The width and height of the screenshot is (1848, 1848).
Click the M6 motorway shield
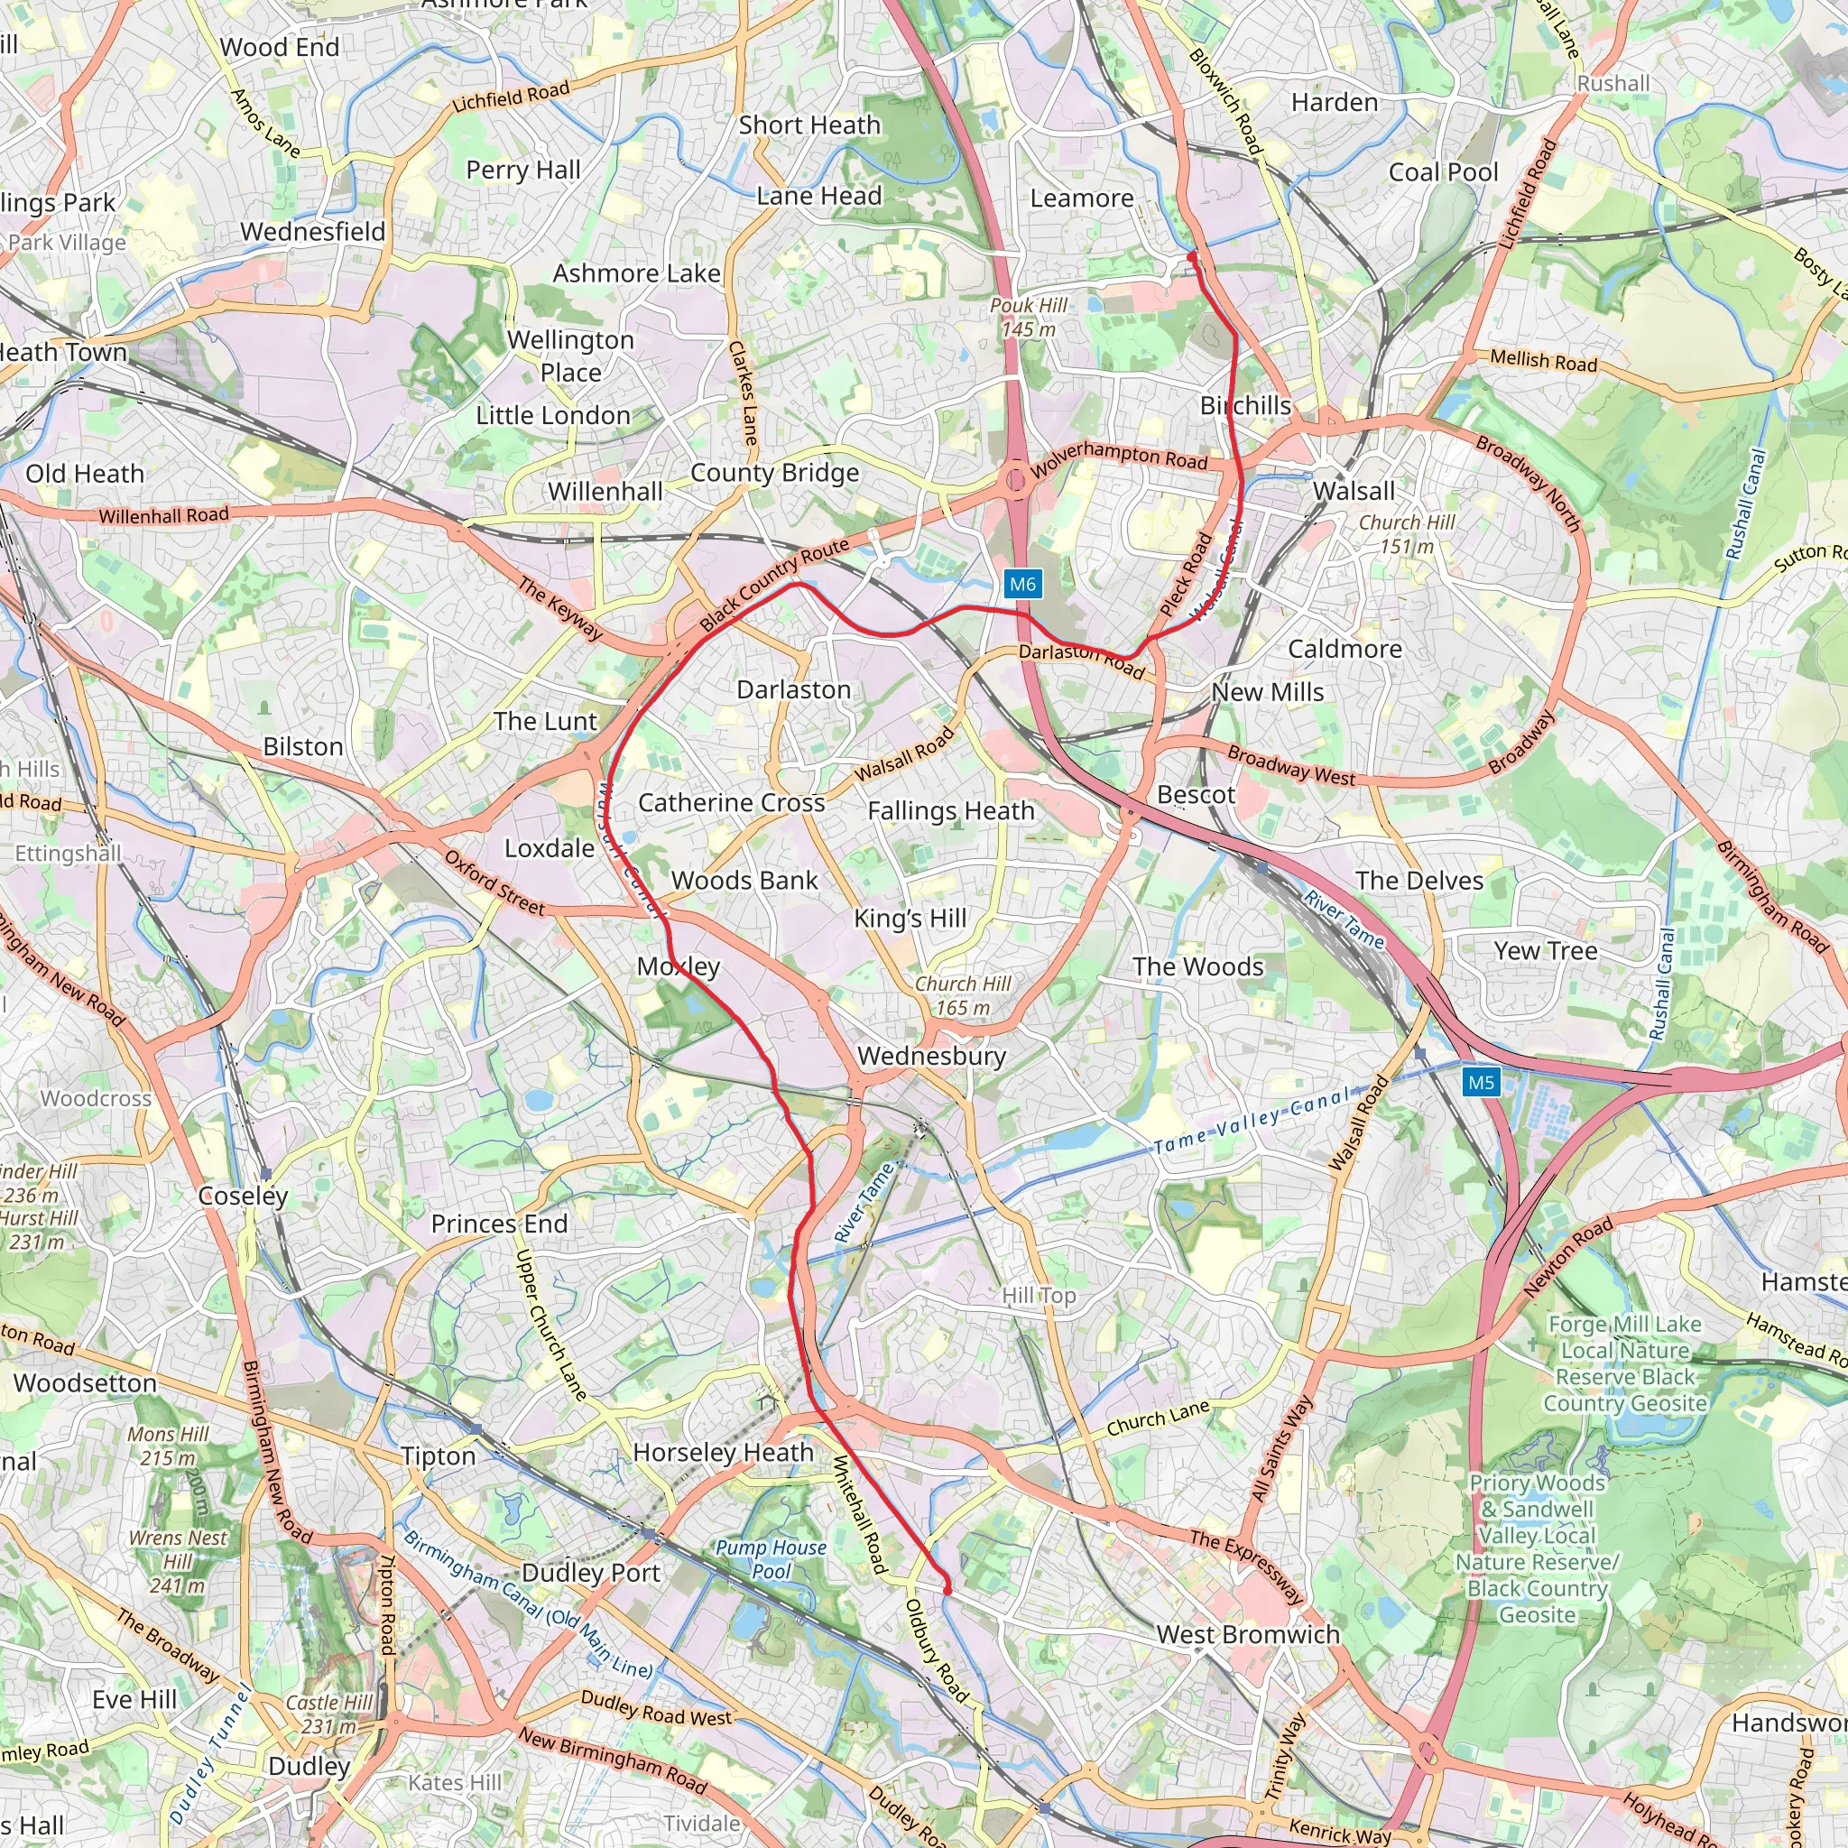click(x=1022, y=585)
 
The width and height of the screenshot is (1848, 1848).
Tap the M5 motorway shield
click(x=1481, y=1083)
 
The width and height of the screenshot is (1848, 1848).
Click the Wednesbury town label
click(x=931, y=1056)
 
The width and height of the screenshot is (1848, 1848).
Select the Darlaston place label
click(x=793, y=689)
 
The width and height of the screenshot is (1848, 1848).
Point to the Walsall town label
click(x=1354, y=492)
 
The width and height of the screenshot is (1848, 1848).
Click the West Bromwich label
click(x=1247, y=1635)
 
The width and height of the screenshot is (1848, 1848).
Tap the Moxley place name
click(x=679, y=966)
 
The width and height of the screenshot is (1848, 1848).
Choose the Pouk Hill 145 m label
click(x=1029, y=317)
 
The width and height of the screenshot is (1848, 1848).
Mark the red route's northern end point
click(x=1192, y=256)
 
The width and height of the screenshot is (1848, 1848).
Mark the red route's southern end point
click(x=947, y=1591)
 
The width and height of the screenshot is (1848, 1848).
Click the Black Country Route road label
click(x=774, y=585)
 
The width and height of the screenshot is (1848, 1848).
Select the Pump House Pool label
click(x=771, y=1559)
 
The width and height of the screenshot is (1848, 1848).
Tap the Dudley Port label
click(x=590, y=1574)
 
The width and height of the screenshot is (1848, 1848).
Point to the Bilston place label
click(x=302, y=746)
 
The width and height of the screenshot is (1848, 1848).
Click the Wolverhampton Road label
click(x=1119, y=459)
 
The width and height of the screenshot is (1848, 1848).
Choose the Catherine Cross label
click(x=731, y=802)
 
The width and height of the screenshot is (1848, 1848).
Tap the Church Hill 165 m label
click(x=962, y=994)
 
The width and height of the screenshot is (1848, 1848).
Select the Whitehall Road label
click(x=860, y=1514)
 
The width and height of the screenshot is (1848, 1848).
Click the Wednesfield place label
click(x=313, y=232)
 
